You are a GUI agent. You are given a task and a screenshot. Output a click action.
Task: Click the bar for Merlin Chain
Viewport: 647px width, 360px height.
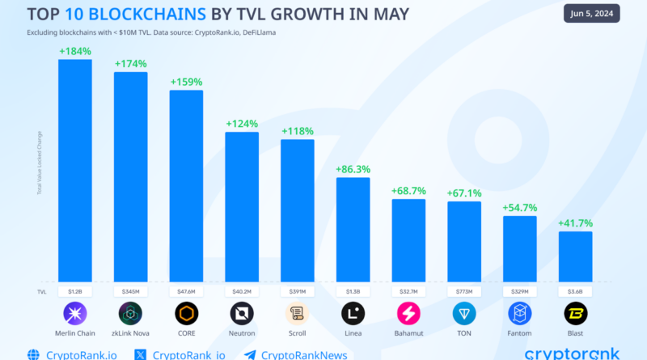point(74,170)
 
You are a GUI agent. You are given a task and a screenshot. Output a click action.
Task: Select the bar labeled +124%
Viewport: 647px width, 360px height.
point(242,205)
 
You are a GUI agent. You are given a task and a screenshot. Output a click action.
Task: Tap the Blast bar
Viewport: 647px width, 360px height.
point(575,256)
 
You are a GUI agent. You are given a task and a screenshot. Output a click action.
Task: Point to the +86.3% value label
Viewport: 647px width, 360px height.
point(353,170)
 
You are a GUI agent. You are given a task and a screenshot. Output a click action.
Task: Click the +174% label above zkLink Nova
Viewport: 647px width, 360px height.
point(130,63)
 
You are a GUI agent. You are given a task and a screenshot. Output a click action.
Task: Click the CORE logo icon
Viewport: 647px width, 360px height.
point(186,313)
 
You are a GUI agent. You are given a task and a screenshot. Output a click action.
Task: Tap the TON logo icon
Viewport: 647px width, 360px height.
point(464,313)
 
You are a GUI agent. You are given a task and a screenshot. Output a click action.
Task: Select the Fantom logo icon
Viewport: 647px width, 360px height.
point(520,313)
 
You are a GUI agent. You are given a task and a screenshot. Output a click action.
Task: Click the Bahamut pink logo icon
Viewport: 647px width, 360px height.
point(408,313)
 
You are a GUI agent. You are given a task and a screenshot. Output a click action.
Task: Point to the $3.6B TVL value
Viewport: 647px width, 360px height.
point(575,290)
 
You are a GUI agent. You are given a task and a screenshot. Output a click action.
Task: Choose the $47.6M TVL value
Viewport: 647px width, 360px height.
point(186,290)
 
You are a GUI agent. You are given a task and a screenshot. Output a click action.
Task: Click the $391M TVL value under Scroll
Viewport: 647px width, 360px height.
point(297,290)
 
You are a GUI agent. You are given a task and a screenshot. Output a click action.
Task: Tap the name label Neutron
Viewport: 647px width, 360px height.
point(242,333)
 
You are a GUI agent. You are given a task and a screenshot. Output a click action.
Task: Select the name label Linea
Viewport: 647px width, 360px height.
point(353,333)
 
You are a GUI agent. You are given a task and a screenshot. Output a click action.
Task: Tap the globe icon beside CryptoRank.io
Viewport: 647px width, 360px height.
point(33,354)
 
